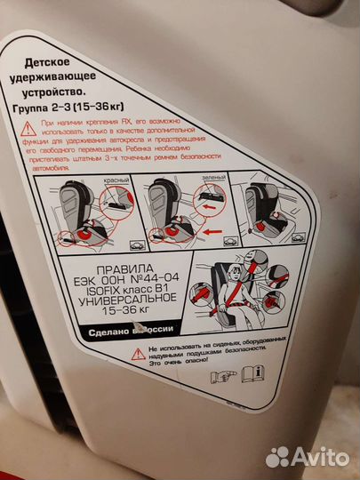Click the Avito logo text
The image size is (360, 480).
click(x=320, y=456)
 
